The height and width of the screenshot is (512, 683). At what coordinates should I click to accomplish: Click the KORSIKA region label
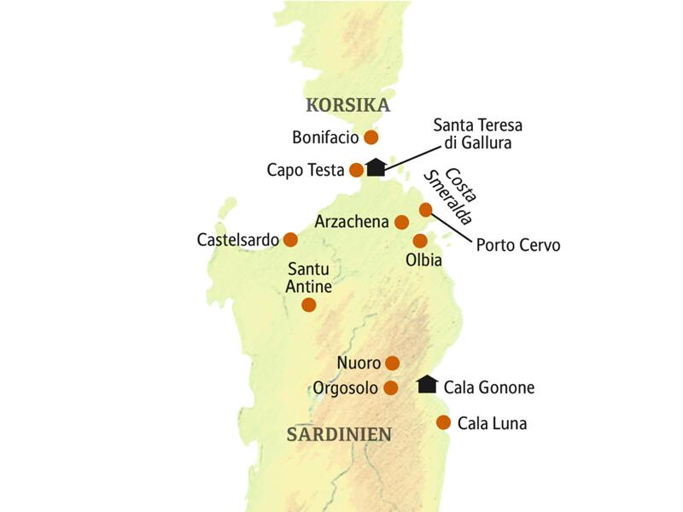tap(347, 105)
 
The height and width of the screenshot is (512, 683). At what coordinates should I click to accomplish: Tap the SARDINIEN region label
tap(339, 433)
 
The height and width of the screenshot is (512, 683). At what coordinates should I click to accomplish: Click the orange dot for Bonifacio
tap(371, 137)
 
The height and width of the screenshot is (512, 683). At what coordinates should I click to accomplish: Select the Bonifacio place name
tap(325, 137)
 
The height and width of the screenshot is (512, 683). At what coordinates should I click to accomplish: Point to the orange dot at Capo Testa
tap(357, 170)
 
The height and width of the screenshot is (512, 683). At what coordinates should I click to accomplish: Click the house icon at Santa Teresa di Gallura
tap(376, 167)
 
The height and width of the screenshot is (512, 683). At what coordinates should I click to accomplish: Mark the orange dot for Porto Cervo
tap(426, 210)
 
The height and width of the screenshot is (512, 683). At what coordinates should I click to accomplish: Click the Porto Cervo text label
tap(518, 245)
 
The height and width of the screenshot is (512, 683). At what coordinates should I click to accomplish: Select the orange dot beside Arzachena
tap(402, 222)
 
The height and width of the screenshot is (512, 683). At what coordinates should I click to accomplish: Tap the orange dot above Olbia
tap(420, 241)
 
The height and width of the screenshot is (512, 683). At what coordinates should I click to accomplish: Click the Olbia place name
tap(423, 259)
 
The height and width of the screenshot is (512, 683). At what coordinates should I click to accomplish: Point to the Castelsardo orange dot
tap(290, 239)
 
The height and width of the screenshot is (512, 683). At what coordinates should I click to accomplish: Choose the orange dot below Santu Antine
tap(309, 304)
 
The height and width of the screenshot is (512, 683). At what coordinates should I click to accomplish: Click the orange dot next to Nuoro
tap(393, 363)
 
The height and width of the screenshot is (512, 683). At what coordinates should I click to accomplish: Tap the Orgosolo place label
tap(345, 388)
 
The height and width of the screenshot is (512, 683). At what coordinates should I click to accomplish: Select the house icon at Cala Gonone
tap(427, 385)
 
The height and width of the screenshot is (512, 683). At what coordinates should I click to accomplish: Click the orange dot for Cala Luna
tap(443, 422)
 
